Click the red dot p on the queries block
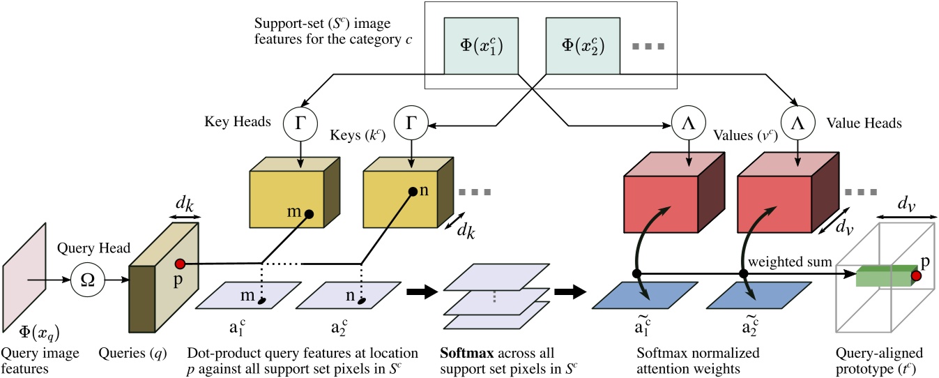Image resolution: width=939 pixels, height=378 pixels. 179,264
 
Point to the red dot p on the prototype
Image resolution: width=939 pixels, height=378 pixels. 916,277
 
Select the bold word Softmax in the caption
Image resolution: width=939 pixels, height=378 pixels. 462,353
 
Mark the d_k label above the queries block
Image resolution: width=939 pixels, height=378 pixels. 184,207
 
